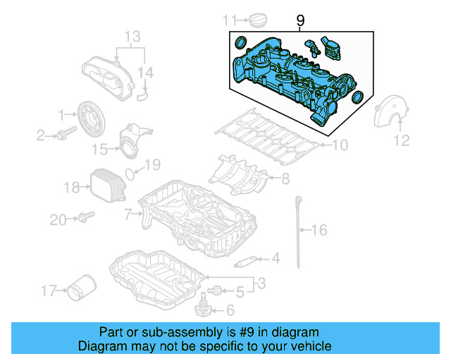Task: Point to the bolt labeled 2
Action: click(66, 134)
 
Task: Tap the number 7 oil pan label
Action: click(127, 213)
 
